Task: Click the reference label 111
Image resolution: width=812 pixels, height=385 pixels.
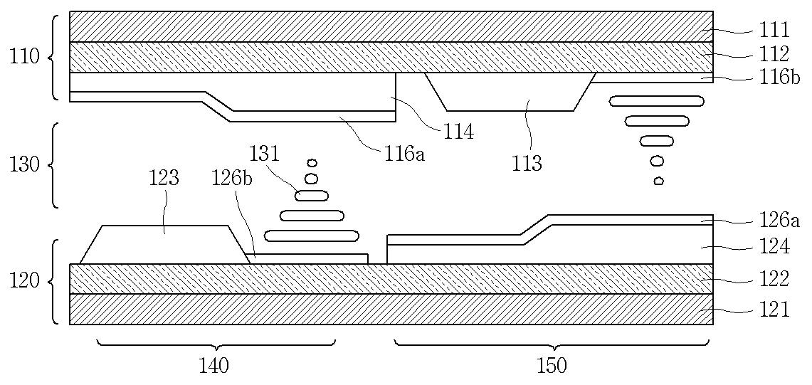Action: click(x=774, y=30)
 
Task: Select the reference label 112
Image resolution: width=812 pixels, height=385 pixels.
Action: click(x=774, y=53)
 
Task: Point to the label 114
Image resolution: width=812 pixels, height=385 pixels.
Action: click(x=458, y=131)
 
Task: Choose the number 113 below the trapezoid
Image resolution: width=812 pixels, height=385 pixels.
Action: click(x=527, y=164)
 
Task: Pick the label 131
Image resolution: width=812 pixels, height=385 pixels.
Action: click(x=264, y=153)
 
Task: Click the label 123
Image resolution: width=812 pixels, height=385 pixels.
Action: click(x=164, y=178)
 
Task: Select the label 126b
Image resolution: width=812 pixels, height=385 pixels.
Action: click(x=233, y=178)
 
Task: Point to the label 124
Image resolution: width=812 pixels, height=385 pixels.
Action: click(x=774, y=247)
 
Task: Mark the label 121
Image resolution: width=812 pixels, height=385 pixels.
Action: click(x=774, y=310)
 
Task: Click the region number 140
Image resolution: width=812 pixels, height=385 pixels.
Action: click(x=213, y=366)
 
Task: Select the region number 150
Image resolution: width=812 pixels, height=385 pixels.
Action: click(x=552, y=366)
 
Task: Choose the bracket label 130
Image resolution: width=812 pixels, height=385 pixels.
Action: click(x=25, y=165)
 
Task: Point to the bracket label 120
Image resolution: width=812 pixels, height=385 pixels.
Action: click(x=25, y=281)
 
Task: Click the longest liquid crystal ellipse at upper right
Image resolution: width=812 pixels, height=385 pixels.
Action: click(x=657, y=101)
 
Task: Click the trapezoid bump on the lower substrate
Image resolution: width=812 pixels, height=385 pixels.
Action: click(x=164, y=245)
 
